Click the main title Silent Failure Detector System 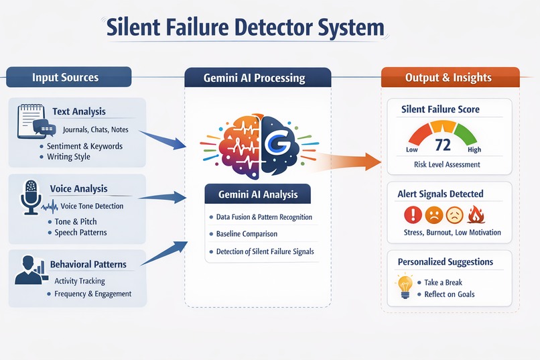point(246,28)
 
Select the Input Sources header point(65,77)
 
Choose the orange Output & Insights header point(448,78)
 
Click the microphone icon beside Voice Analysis point(30,196)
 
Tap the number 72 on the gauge point(442,145)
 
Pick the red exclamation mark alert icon point(413,215)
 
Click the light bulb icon point(405,287)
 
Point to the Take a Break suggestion point(443,282)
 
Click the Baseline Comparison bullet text point(247,234)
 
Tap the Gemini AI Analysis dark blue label point(258,195)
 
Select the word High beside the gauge point(474,150)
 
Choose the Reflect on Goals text point(449,294)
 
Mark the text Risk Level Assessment point(447,164)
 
